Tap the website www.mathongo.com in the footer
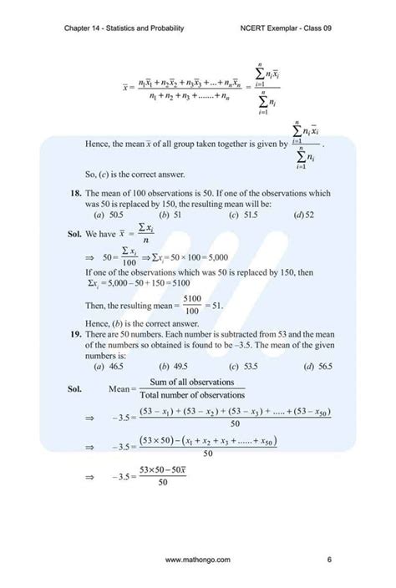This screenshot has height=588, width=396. click(198, 559)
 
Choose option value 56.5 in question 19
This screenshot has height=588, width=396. click(322, 366)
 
